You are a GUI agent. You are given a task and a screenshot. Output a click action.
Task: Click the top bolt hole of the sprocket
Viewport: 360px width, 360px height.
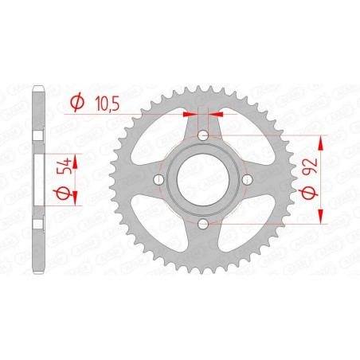pos(204,136)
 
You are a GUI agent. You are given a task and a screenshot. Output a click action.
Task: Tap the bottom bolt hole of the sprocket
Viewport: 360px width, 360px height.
pos(204,225)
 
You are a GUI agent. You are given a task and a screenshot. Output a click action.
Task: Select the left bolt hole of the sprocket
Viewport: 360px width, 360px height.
pos(159,181)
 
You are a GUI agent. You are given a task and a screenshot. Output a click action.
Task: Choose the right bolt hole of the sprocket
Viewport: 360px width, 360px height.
pos(248,181)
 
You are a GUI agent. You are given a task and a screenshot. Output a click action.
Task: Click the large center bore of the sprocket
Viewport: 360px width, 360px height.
pos(204,181)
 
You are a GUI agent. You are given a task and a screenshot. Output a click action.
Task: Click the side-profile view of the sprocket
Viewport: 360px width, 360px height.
pos(37,181)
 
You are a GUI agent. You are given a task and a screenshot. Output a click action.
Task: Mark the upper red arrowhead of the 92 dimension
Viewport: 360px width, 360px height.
pos(321,143)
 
